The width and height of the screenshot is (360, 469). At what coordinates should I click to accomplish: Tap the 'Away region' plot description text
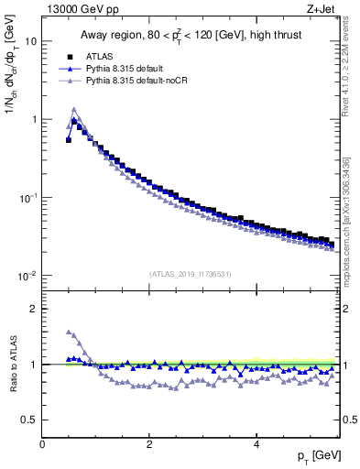click(x=189, y=37)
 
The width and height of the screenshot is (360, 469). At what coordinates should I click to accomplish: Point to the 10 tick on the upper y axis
click(x=30, y=41)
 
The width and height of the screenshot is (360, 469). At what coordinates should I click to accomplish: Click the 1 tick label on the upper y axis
click(x=34, y=119)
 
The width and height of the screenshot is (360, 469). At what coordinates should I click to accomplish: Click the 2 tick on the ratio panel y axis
click(x=34, y=309)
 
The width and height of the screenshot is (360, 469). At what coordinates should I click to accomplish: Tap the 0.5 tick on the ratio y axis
click(x=30, y=420)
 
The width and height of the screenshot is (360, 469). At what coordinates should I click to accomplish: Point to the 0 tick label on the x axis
click(x=42, y=444)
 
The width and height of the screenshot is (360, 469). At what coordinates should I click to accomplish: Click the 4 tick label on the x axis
click(x=256, y=444)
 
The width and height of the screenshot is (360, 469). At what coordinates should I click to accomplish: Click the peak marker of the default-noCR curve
click(x=74, y=110)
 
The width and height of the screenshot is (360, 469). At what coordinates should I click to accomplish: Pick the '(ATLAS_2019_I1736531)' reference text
click(x=189, y=274)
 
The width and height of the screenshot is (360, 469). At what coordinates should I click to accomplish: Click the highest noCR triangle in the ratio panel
click(x=69, y=332)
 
